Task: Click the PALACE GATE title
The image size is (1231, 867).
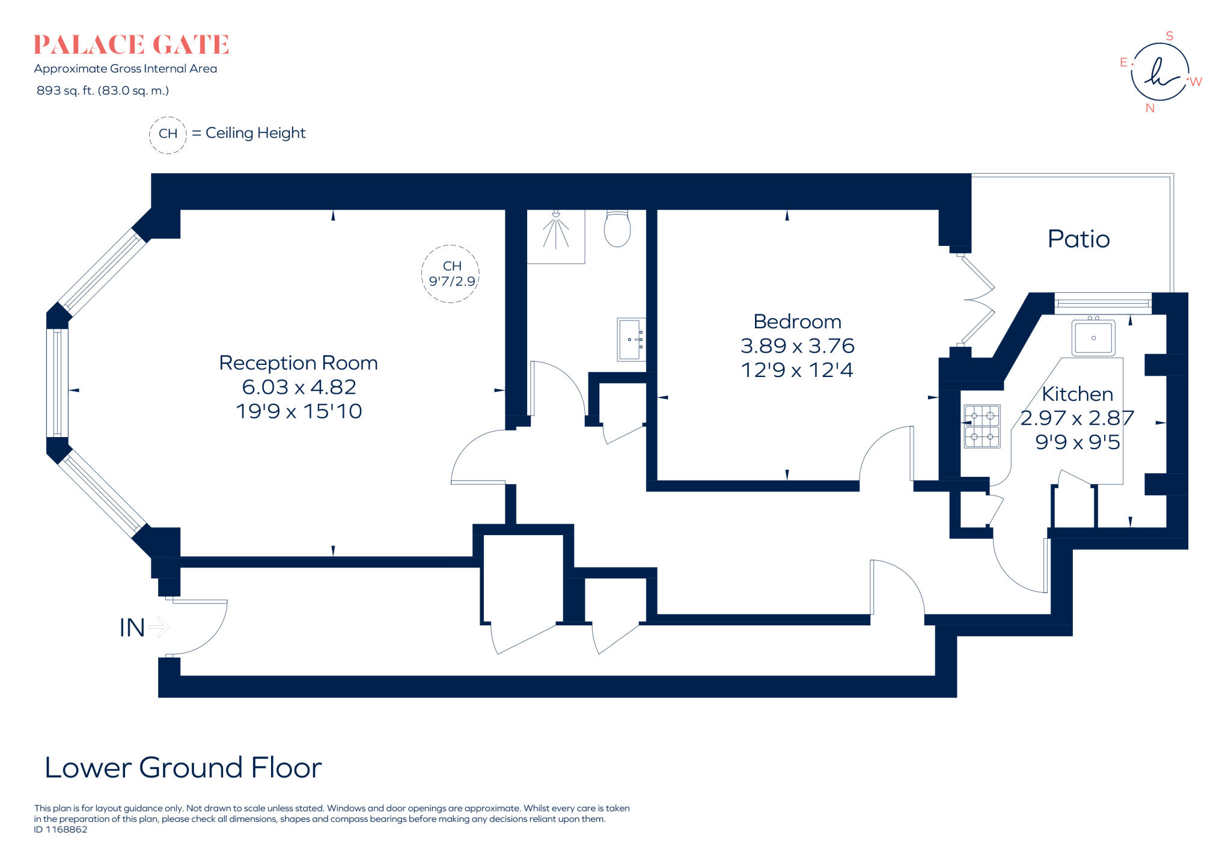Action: [131, 45]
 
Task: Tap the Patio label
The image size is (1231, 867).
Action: [1078, 239]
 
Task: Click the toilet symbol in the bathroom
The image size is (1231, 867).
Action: [617, 228]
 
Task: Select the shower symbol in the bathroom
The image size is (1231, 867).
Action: [555, 234]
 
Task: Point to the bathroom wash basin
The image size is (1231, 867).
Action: [631, 340]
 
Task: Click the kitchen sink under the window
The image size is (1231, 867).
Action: [1093, 338]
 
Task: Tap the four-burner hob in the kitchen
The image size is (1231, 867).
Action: [982, 426]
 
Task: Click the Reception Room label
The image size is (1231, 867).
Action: [298, 363]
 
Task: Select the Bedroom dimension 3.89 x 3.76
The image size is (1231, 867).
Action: [797, 346]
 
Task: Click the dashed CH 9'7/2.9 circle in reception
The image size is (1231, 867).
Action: [451, 274]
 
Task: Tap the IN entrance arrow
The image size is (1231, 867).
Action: [159, 627]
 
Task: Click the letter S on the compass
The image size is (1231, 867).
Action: [1170, 36]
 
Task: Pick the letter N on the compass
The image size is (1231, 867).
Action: [1150, 108]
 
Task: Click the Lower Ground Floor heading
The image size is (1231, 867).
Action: [183, 768]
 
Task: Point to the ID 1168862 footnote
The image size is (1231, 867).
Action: [61, 830]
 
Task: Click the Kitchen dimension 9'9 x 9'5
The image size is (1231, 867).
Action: [1077, 443]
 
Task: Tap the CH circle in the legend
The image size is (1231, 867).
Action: [168, 134]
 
